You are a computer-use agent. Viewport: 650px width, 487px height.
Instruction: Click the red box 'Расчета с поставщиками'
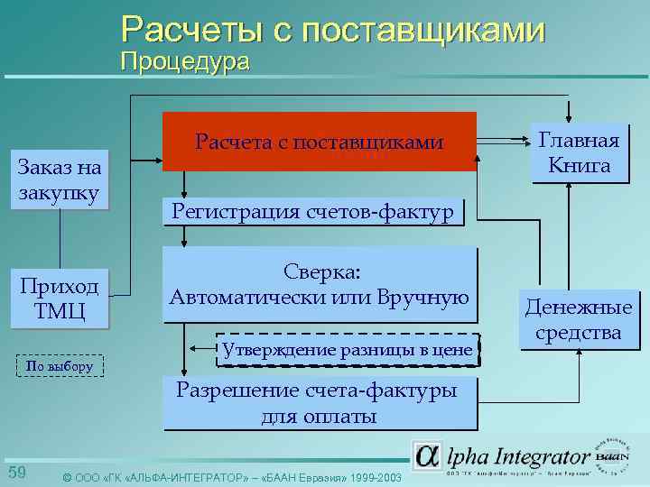pyautogui.click(x=319, y=142)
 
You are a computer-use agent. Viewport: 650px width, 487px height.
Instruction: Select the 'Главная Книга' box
pyautogui.click(x=579, y=153)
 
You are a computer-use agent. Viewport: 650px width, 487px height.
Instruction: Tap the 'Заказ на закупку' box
pyautogui.click(x=60, y=179)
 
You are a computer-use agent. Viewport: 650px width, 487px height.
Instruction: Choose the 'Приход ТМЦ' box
pyautogui.click(x=60, y=299)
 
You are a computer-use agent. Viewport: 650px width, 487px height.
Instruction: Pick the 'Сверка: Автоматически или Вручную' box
pyautogui.click(x=320, y=285)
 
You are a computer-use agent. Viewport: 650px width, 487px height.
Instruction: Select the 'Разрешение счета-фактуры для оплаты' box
pyautogui.click(x=320, y=403)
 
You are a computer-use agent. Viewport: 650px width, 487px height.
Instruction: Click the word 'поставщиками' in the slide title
pyautogui.click(x=424, y=30)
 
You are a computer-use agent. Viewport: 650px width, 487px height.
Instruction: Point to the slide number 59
pyautogui.click(x=17, y=473)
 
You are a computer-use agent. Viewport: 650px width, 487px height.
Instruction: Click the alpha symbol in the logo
pyautogui.click(x=427, y=456)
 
